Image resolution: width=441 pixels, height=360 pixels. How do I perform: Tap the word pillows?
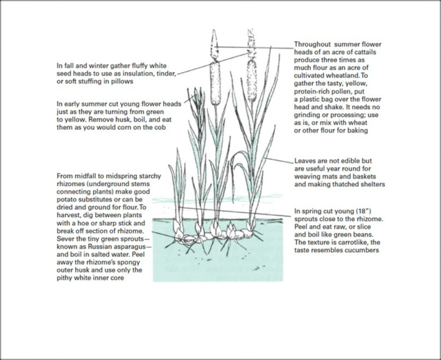click(122, 82)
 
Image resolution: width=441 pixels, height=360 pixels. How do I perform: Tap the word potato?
click(66, 199)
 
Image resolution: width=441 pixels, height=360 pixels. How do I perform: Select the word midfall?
click(86, 176)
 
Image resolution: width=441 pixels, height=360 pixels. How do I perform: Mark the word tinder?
click(168, 74)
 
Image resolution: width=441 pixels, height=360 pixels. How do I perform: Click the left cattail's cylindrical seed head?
click(215, 83)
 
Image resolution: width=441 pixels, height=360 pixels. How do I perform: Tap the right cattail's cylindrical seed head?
click(252, 80)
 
